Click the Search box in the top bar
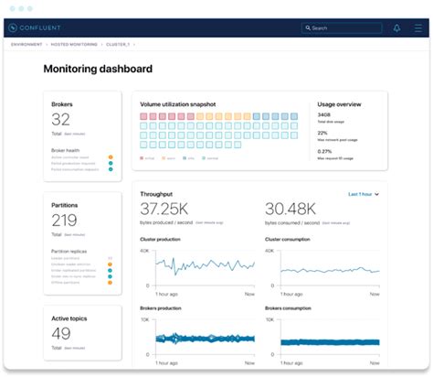click(x=343, y=28)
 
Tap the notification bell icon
click(x=396, y=28)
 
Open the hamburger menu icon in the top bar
click(x=417, y=28)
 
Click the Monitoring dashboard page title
click(x=98, y=69)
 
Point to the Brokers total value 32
click(x=60, y=119)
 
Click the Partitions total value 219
click(x=64, y=220)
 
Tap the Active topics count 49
click(x=60, y=333)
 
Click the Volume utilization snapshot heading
click(x=178, y=104)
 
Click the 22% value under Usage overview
click(x=323, y=133)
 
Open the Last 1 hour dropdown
click(x=363, y=194)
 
